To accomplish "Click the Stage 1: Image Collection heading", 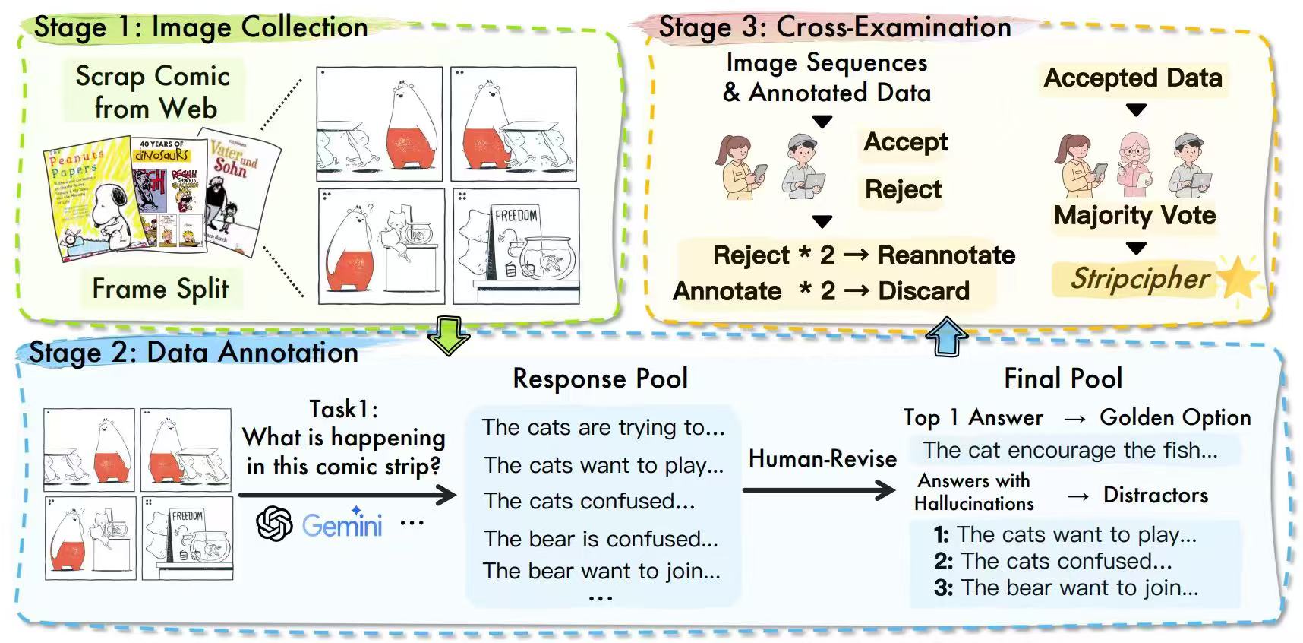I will [x=201, y=27].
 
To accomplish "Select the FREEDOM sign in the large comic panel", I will [x=516, y=216].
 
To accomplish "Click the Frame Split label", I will [x=160, y=289].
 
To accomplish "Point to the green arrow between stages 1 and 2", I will [x=448, y=335].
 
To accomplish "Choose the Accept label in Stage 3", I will [x=905, y=142].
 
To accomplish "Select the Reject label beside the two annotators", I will [x=903, y=189].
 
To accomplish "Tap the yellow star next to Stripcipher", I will [x=1238, y=277].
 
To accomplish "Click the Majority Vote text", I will [x=1134, y=215].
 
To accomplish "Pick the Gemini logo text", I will [x=342, y=525].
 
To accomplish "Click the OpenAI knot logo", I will [x=274, y=524].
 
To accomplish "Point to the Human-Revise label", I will [x=822, y=458].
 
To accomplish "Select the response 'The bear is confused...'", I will [x=601, y=539].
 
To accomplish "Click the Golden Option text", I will [x=1175, y=417].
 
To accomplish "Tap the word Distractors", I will [x=1155, y=496].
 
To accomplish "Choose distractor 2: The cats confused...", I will [x=1053, y=561].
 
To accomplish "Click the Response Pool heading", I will [x=600, y=379].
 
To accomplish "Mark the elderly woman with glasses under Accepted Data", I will [x=1134, y=162].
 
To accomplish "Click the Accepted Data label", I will [x=1132, y=78].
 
